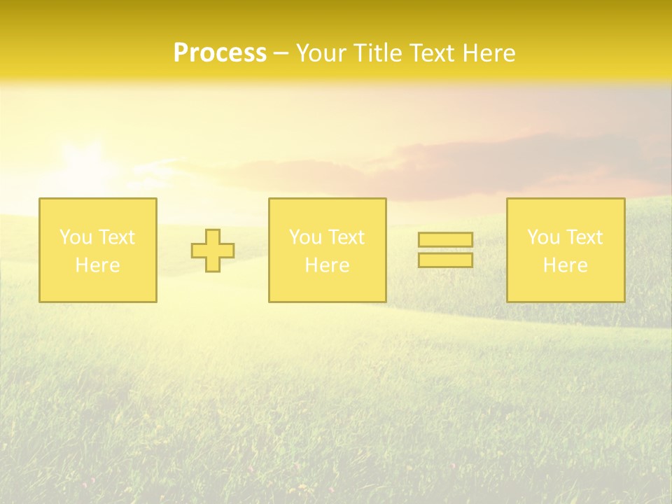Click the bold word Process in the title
(x=220, y=53)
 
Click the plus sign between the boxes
(x=213, y=251)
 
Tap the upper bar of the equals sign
(x=445, y=240)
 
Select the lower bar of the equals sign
(x=445, y=260)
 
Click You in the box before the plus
(x=76, y=237)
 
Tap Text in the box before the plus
(x=116, y=237)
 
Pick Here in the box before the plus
(x=97, y=265)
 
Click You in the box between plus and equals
(x=305, y=237)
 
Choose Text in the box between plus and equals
(x=346, y=237)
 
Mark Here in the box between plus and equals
(x=327, y=265)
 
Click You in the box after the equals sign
(x=543, y=237)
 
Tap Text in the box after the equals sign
(x=584, y=237)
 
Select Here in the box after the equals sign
(x=565, y=265)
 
